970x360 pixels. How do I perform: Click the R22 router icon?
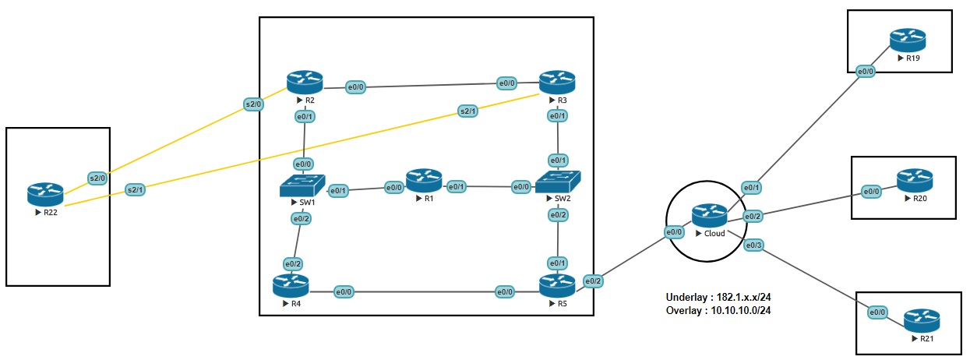point(45,194)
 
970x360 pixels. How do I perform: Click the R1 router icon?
point(424,180)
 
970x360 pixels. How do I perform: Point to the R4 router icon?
point(291,285)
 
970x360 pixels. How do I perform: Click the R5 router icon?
point(557,285)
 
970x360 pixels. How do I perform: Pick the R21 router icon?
point(922,321)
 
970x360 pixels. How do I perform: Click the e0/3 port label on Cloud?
point(754,245)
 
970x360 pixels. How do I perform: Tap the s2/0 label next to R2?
point(254,103)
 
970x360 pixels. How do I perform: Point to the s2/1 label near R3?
point(468,112)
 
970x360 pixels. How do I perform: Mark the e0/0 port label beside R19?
point(866,72)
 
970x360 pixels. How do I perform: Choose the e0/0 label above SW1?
point(303,164)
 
